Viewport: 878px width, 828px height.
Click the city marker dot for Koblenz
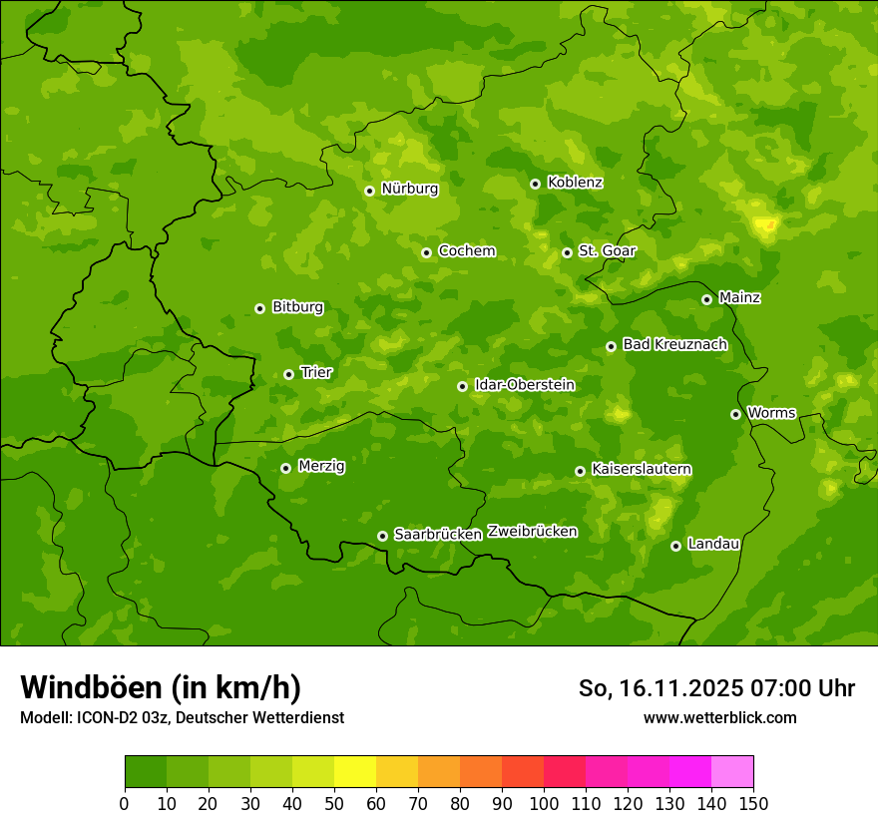tap(535, 184)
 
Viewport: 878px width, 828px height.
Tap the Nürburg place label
tap(409, 189)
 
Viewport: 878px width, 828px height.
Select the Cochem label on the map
tap(466, 250)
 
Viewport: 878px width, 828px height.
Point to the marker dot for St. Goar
tap(567, 252)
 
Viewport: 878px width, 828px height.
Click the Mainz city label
tap(739, 297)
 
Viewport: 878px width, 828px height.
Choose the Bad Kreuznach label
tap(674, 344)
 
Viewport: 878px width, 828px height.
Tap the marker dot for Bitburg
tap(259, 308)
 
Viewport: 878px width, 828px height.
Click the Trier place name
tap(316, 372)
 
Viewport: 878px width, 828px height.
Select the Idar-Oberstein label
tap(524, 384)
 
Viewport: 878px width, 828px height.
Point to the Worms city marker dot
tap(735, 414)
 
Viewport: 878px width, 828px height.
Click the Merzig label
tap(321, 466)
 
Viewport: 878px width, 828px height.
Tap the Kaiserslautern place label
tap(642, 469)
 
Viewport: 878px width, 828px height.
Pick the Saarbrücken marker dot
tap(382, 536)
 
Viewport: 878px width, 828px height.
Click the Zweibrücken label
tap(532, 532)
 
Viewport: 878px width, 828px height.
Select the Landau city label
tap(713, 544)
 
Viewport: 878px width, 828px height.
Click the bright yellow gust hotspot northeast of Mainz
tap(765, 224)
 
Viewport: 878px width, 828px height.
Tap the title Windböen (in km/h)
tap(161, 687)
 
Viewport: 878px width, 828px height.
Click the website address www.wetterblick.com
tap(719, 717)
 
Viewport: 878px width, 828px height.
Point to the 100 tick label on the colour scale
tap(544, 803)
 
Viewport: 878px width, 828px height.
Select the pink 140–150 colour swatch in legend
tap(732, 772)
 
